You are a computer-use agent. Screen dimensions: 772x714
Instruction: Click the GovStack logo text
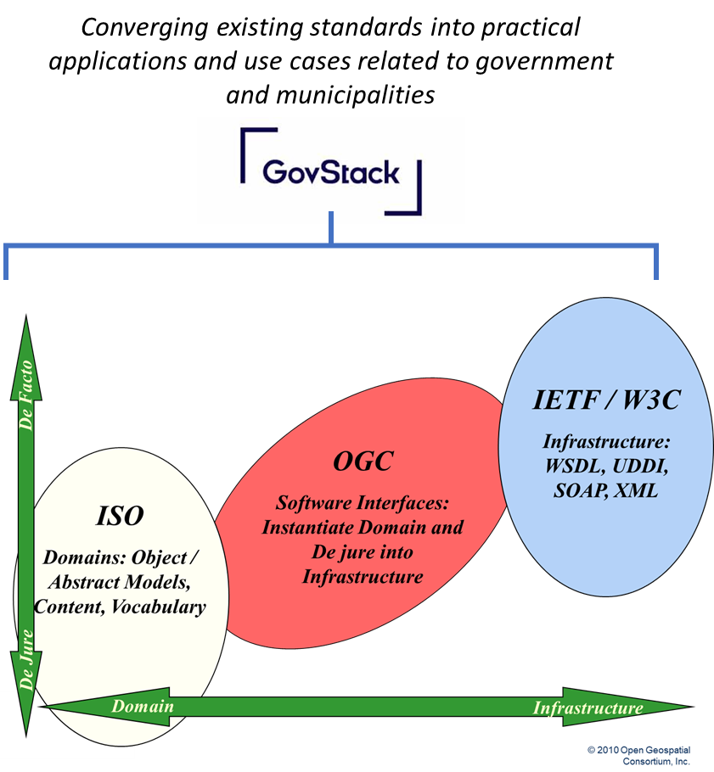tap(330, 171)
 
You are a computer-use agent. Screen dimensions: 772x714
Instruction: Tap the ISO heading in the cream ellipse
tap(119, 515)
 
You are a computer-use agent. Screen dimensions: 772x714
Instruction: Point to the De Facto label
tap(26, 394)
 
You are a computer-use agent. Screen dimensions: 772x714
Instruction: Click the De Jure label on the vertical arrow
tap(26, 662)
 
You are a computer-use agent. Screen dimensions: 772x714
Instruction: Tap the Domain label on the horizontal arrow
tap(143, 707)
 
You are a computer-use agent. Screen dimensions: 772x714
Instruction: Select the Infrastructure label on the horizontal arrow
tap(588, 708)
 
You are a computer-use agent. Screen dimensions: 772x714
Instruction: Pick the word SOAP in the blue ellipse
tap(572, 491)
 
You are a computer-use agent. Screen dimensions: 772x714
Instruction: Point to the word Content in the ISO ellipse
tap(68, 607)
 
